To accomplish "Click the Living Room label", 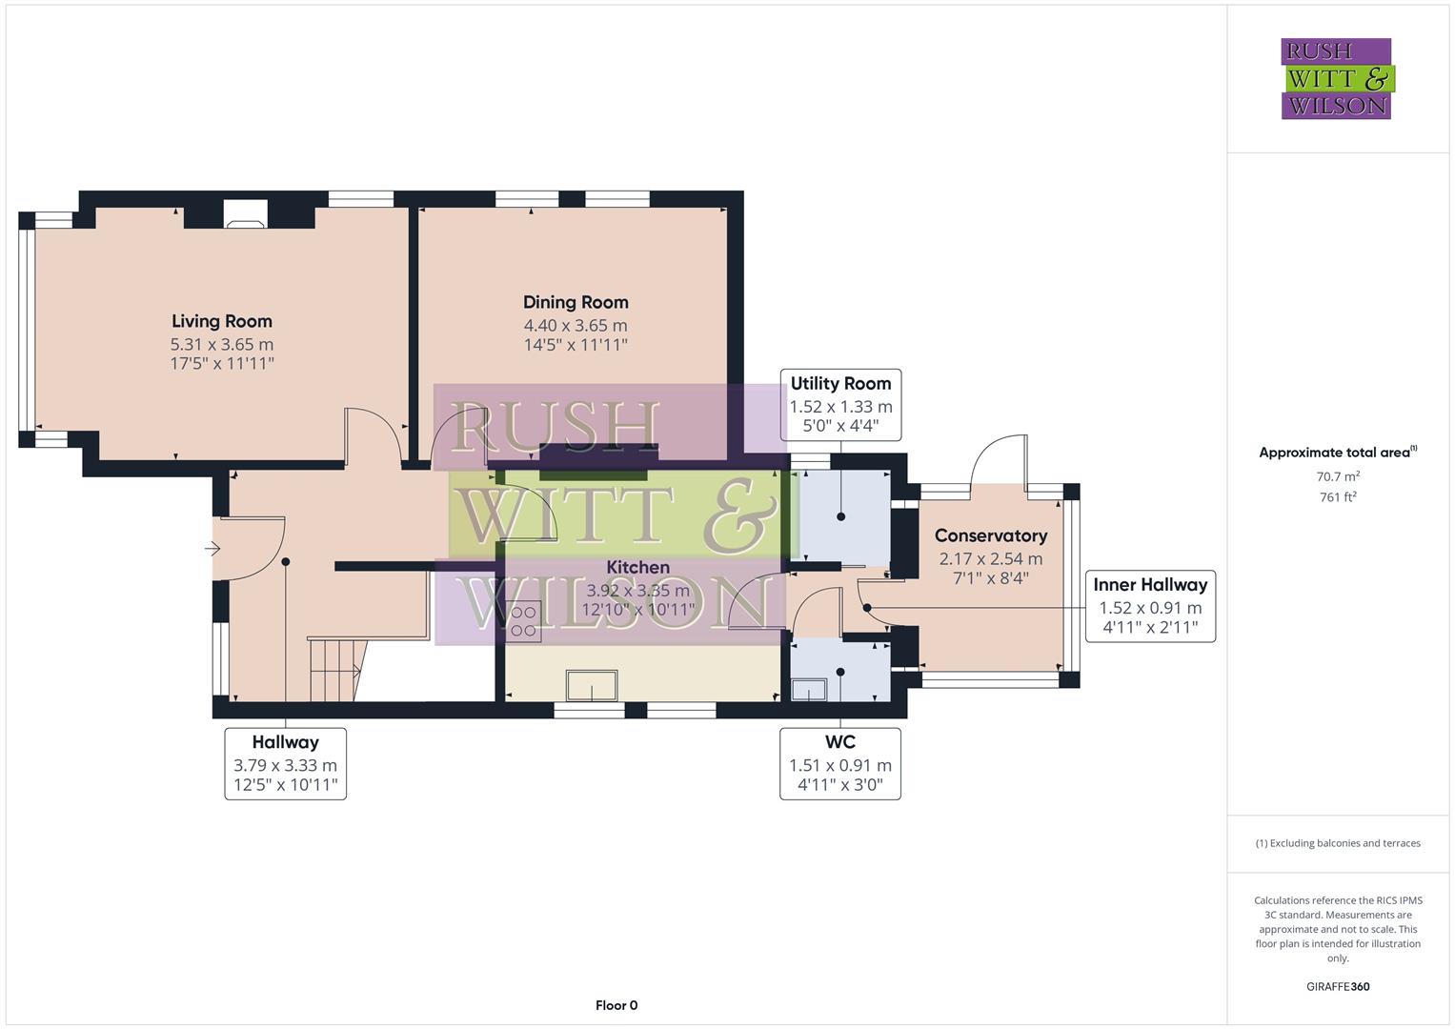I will [222, 322].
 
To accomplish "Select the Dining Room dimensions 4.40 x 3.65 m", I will [576, 326].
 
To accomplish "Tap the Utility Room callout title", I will [840, 384].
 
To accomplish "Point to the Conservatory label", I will [990, 536].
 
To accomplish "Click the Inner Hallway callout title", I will [1150, 585].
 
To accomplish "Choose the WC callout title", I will [839, 742].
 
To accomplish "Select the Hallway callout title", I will [285, 742].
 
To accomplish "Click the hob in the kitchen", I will [523, 621].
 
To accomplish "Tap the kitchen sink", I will [592, 685].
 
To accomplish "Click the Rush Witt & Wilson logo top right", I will [1336, 79].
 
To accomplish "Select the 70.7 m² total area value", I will [1338, 476].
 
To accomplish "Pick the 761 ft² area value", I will [1338, 497].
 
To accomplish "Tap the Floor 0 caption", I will [616, 1005].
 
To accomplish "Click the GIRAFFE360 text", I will [1338, 987].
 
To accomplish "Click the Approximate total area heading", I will [1336, 453].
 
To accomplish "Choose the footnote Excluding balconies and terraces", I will [1338, 843].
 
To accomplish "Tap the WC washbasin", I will [810, 689].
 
